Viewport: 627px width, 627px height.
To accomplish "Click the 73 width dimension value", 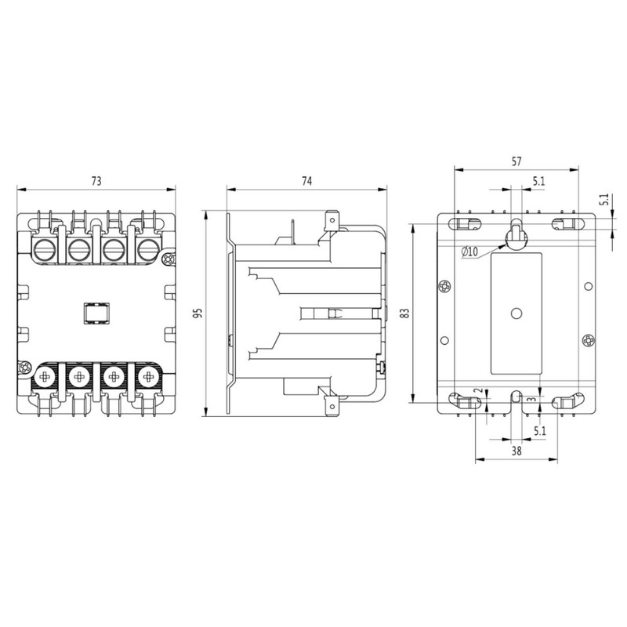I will [96, 181].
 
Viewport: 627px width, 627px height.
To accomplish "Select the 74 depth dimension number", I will [306, 181].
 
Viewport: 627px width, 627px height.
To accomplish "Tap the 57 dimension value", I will [516, 161].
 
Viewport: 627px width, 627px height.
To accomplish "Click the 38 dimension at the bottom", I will [516, 451].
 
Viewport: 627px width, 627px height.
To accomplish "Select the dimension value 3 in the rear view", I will [533, 399].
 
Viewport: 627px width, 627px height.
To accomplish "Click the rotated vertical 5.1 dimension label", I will [604, 200].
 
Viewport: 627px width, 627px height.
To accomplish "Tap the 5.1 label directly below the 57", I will [539, 181].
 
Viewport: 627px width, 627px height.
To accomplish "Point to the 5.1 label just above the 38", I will [539, 431].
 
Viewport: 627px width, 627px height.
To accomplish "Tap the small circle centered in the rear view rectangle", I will [516, 313].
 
